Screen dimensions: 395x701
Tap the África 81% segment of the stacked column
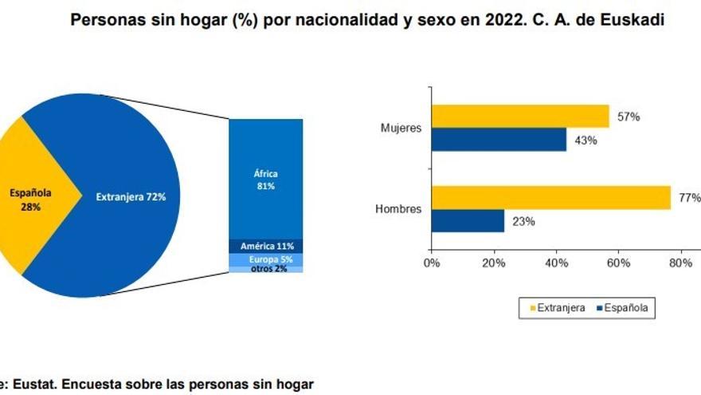click(265, 179)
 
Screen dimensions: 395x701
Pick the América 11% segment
click(265, 247)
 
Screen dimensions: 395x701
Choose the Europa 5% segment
click(265, 259)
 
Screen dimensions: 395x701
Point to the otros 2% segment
click(265, 269)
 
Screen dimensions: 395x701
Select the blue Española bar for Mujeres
click(498, 140)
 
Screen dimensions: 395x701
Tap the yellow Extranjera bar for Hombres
click(550, 198)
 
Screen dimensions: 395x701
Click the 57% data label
click(628, 117)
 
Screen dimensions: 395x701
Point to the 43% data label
click(585, 140)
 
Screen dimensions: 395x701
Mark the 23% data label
click(523, 222)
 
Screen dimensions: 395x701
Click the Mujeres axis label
click(401, 128)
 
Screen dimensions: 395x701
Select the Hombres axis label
click(399, 210)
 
